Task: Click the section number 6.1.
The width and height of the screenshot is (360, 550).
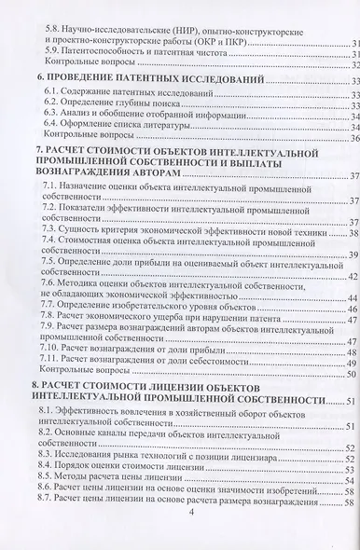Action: click(52, 97)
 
